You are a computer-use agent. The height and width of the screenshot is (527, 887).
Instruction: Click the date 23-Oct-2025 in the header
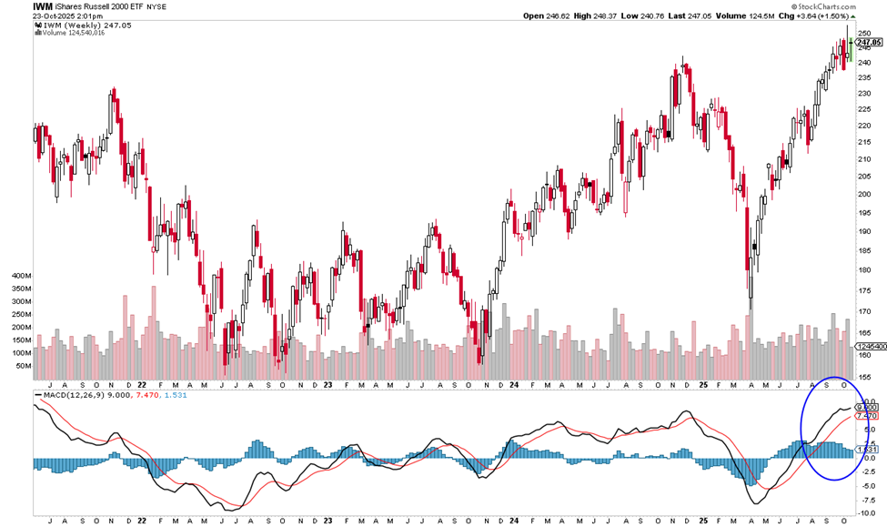pos(31,15)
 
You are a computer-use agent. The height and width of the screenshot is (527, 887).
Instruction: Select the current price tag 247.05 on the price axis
pos(869,42)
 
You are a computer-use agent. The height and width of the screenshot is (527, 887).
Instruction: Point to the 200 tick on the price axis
pos(864,194)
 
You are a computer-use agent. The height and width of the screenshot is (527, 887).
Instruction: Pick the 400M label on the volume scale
pos(19,274)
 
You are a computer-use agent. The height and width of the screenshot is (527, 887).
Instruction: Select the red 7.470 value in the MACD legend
pos(147,396)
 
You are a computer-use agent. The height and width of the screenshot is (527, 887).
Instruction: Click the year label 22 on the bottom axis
pos(142,522)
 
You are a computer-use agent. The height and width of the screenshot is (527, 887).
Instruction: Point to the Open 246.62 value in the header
pos(549,15)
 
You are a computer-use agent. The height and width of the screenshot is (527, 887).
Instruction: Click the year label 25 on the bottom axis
pos(701,522)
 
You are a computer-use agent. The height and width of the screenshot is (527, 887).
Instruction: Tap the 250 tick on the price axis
pos(864,33)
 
